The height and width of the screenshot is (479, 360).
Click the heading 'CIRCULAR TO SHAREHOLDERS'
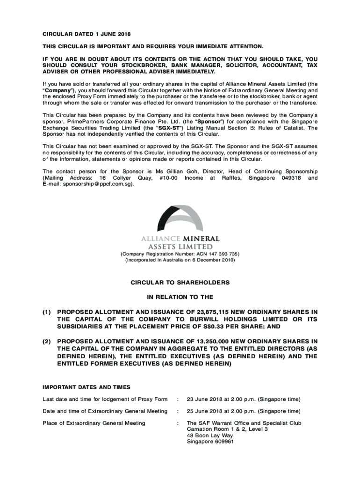(x=180, y=283)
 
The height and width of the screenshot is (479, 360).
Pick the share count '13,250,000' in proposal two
(x=201, y=341)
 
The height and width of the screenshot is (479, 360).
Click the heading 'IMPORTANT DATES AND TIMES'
(x=86, y=387)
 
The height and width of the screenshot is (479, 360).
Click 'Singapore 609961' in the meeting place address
(x=210, y=442)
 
